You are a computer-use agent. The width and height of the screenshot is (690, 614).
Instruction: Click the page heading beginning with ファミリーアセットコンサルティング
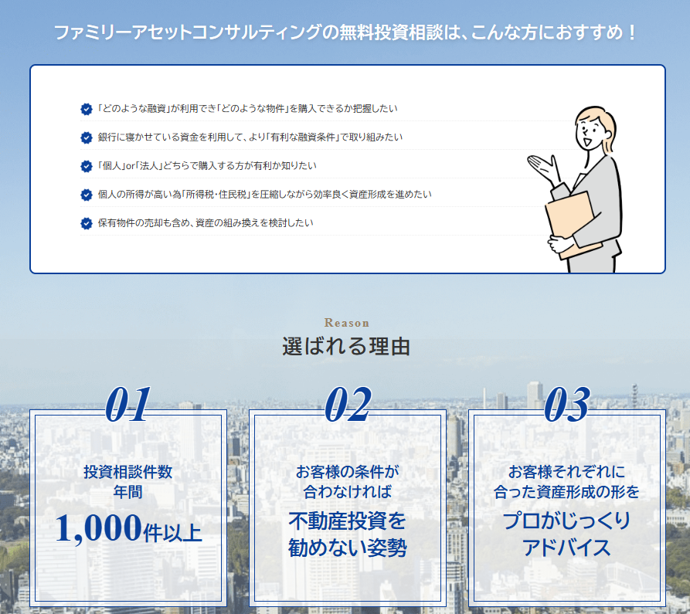coord(345,33)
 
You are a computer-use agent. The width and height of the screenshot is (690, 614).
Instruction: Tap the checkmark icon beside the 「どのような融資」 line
coord(87,109)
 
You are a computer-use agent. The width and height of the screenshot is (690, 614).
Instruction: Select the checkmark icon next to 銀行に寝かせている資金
coord(87,137)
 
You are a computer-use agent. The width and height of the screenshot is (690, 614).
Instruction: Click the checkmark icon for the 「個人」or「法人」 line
coord(87,166)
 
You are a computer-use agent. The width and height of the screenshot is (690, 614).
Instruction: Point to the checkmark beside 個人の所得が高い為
coord(87,195)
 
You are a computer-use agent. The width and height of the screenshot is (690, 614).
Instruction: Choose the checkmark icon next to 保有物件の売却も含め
coord(87,223)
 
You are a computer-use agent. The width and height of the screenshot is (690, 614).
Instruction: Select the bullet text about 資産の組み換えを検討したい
coord(205,223)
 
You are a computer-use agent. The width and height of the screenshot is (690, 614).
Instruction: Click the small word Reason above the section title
coord(346,323)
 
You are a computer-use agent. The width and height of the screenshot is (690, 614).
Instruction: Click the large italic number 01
coord(127,405)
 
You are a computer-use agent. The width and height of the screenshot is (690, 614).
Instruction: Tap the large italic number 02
coord(347,405)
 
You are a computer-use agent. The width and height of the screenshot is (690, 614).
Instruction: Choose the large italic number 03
coord(566,405)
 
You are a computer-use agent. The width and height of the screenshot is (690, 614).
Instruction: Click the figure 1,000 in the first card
coord(98,529)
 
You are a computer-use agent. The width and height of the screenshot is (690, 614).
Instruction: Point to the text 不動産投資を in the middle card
coord(347,519)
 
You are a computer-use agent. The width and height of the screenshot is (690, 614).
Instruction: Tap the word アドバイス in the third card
coord(566,548)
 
